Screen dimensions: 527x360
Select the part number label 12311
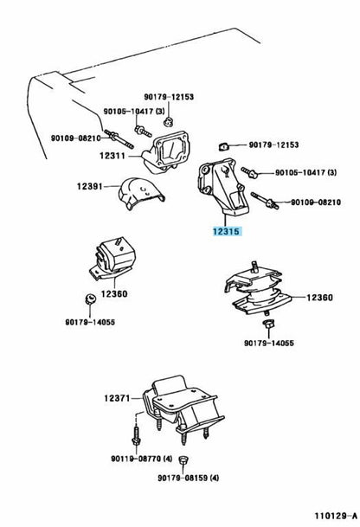(113, 156)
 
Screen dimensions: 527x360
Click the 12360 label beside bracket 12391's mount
(112, 293)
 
